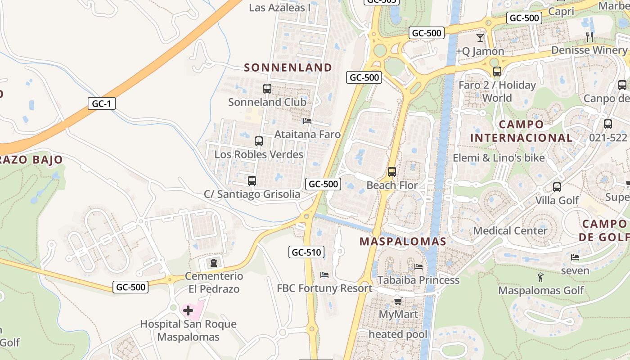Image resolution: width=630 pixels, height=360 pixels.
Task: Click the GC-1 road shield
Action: [101, 104]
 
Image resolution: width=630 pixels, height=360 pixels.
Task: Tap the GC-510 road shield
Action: [306, 252]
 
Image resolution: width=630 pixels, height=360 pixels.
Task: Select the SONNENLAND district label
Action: [288, 67]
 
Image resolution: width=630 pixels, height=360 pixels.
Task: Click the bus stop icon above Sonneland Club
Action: [267, 89]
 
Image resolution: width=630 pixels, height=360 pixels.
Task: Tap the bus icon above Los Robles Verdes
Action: [259, 141]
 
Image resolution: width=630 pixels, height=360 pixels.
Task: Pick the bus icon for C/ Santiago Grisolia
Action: [252, 181]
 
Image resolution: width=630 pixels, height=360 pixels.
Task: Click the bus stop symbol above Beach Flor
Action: [392, 172]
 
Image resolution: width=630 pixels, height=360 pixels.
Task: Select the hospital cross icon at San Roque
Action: [188, 310]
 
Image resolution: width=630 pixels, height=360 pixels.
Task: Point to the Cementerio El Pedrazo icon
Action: [214, 262]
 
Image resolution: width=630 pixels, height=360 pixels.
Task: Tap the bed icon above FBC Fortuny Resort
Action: [324, 274]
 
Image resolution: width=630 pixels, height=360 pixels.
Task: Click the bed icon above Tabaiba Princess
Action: [418, 266]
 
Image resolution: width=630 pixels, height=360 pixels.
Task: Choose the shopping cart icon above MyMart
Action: [398, 301]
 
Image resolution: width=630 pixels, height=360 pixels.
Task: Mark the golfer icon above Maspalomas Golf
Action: [541, 277]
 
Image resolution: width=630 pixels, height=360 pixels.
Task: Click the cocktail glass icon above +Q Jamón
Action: [480, 38]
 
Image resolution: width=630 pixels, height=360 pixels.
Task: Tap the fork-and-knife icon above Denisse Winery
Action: [589, 36]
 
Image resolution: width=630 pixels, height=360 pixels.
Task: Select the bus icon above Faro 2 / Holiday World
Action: [497, 72]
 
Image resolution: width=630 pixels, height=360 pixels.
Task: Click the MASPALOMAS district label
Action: [403, 241]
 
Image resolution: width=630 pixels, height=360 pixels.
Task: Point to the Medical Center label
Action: [510, 231]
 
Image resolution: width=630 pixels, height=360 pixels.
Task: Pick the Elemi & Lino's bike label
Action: [499, 158]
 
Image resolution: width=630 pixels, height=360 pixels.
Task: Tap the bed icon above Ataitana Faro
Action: [307, 121]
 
